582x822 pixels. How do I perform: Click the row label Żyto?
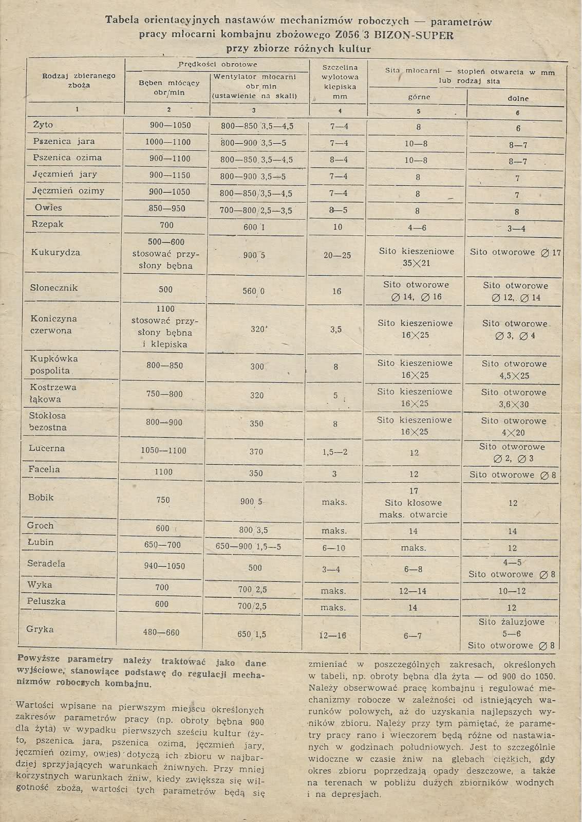point(43,125)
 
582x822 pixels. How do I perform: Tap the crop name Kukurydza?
point(55,252)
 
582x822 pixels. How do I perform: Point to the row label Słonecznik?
point(54,288)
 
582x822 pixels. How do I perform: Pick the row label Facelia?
point(45,469)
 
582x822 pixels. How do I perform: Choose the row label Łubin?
point(41,542)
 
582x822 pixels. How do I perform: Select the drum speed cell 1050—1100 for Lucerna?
point(164,451)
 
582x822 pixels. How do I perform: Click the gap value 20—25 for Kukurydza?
point(337,255)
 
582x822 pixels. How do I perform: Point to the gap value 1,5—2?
point(335,452)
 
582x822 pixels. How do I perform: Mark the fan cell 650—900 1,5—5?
point(248,547)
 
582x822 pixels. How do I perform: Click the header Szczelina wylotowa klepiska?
point(340,81)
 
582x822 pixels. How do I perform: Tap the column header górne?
point(419,97)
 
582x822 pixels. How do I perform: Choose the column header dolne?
point(518,98)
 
